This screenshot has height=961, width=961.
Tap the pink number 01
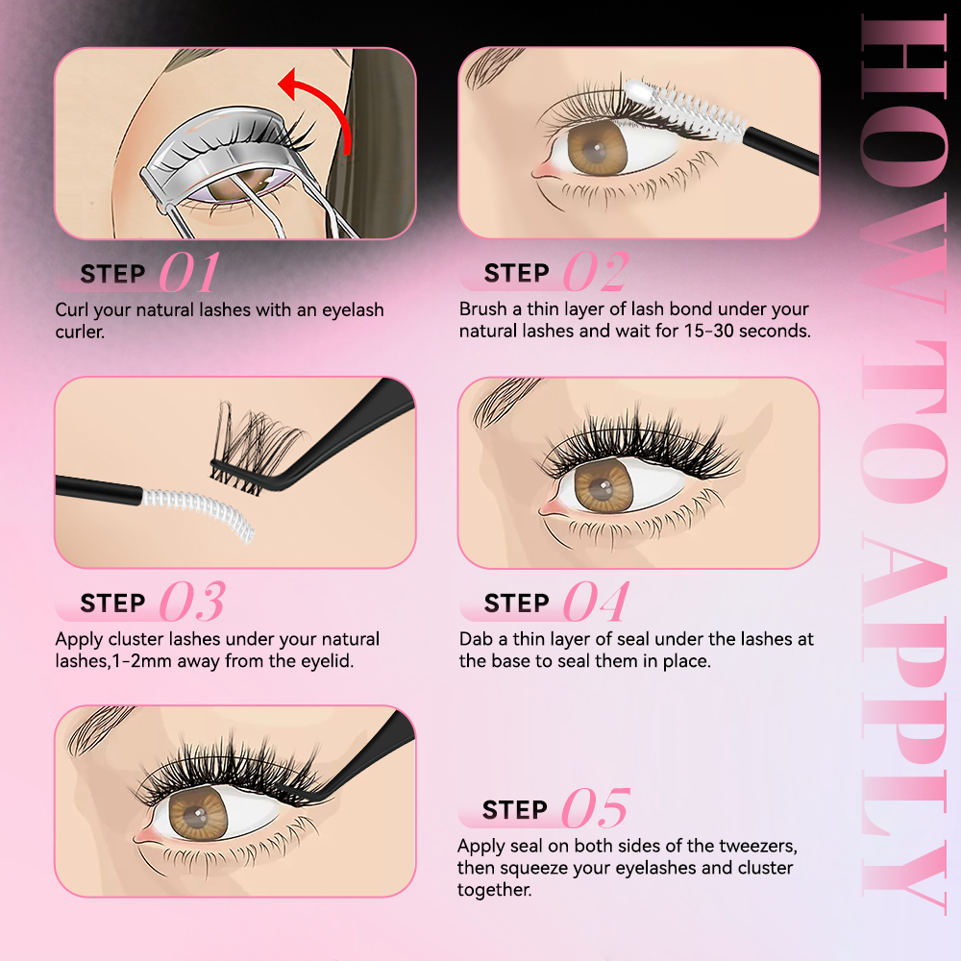click(x=188, y=273)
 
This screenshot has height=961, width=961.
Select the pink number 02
click(x=595, y=273)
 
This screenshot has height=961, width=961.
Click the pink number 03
click(x=191, y=603)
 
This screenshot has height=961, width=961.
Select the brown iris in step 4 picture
click(x=601, y=484)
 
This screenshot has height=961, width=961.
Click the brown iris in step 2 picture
click(x=595, y=149)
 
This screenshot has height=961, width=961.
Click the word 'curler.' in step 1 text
click(x=81, y=332)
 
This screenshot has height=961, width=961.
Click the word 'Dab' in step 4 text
click(x=477, y=639)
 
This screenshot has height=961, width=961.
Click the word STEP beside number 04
click(x=517, y=604)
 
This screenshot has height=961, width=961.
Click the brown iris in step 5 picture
click(x=198, y=816)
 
